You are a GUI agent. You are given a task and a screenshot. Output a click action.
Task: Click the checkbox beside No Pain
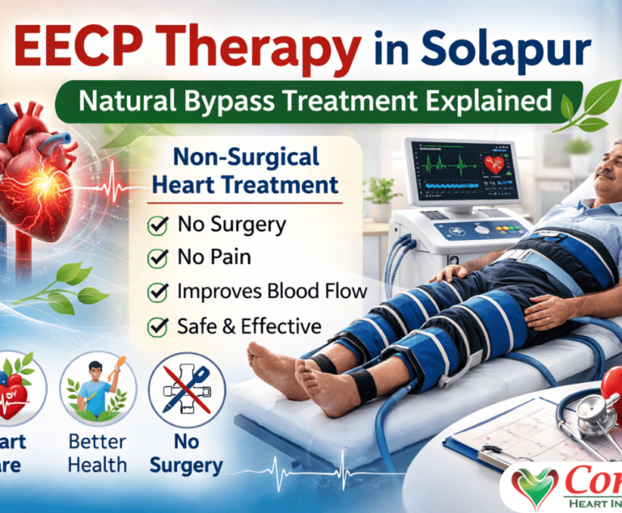coord(158,259)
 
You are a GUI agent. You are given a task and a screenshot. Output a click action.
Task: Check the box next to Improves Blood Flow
coord(158,292)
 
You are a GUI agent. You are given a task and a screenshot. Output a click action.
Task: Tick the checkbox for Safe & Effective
coord(158,326)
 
